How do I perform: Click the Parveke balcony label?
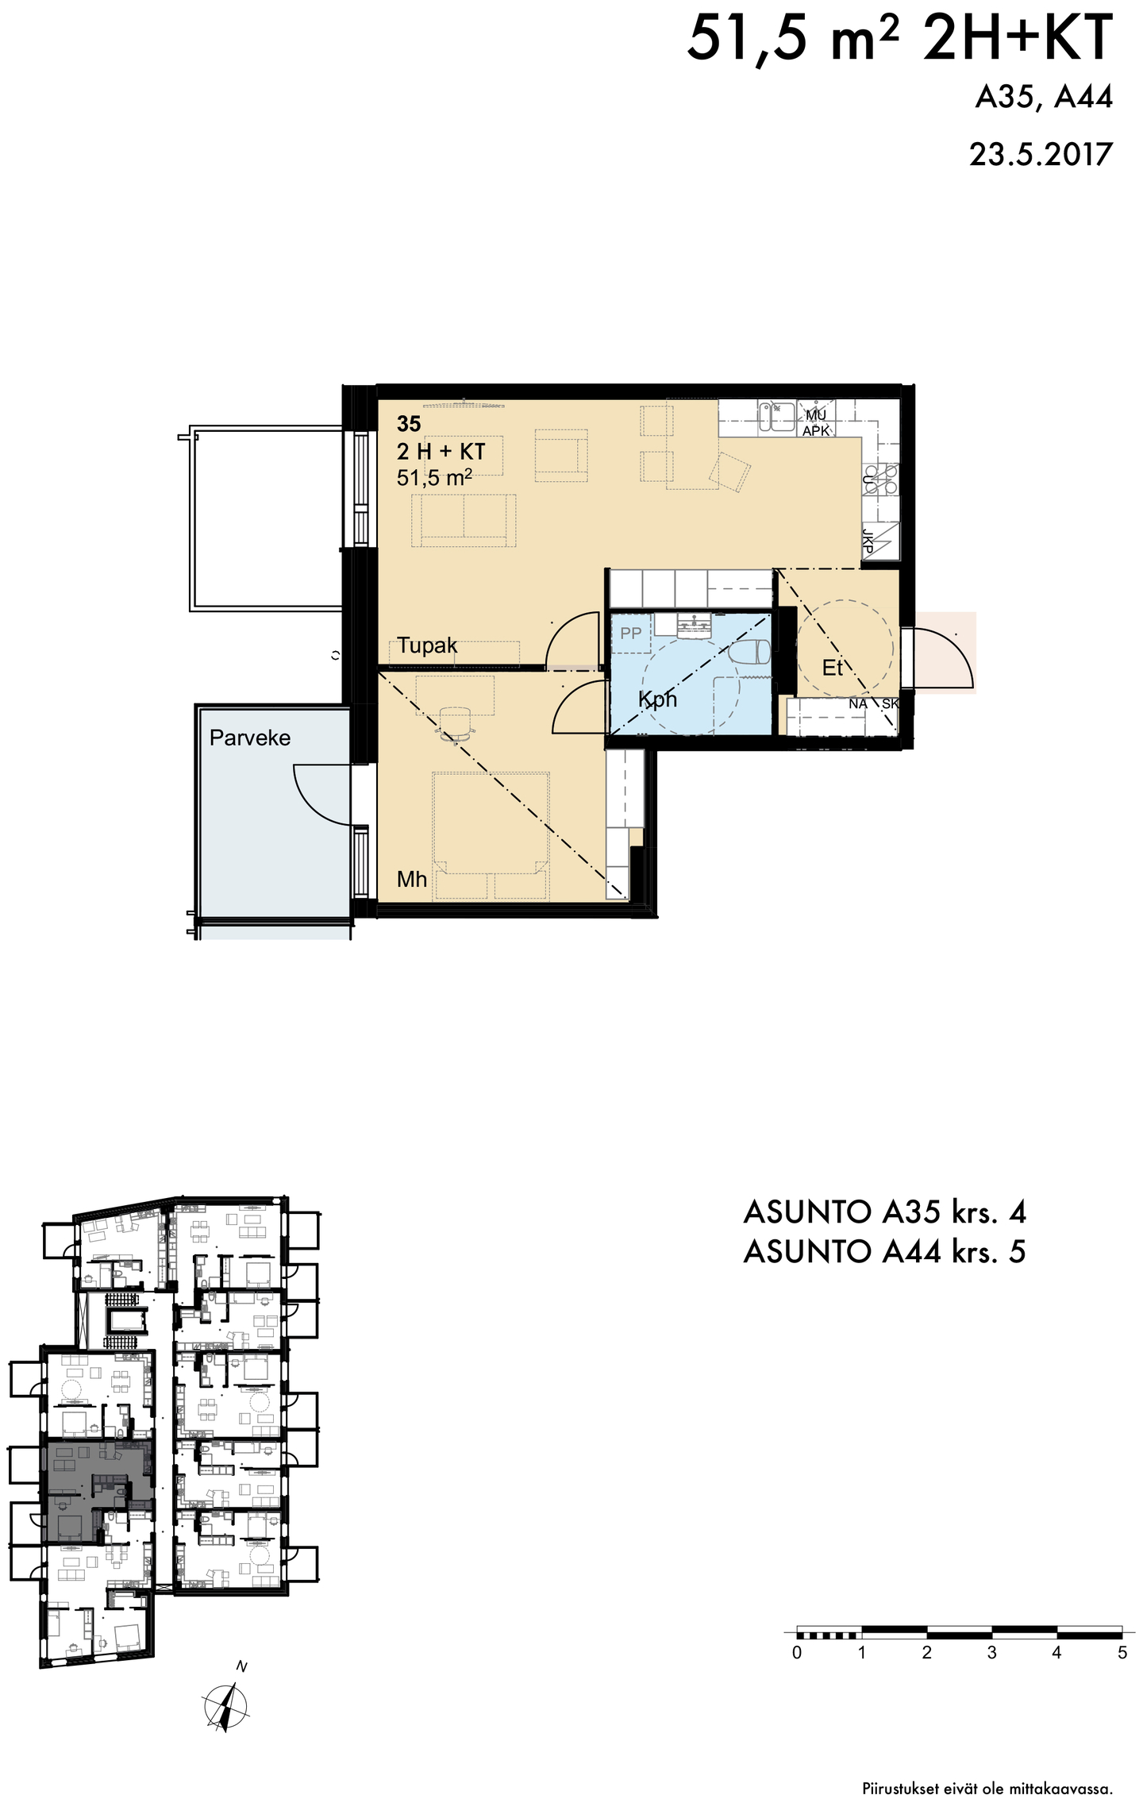(x=250, y=738)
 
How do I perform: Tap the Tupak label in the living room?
(x=427, y=645)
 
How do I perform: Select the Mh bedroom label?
(x=412, y=879)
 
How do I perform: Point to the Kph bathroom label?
(x=657, y=699)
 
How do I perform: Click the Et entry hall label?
(x=832, y=668)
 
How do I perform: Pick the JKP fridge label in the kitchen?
(x=868, y=542)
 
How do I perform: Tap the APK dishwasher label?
(x=816, y=431)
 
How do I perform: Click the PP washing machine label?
(x=631, y=634)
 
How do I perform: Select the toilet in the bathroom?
(x=749, y=653)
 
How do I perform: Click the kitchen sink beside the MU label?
(x=777, y=416)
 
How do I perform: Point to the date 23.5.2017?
(x=1041, y=154)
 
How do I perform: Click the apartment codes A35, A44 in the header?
(x=1044, y=97)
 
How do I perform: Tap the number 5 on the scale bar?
(x=1122, y=1653)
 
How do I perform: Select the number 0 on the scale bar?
(x=797, y=1653)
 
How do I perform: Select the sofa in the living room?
(x=464, y=520)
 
